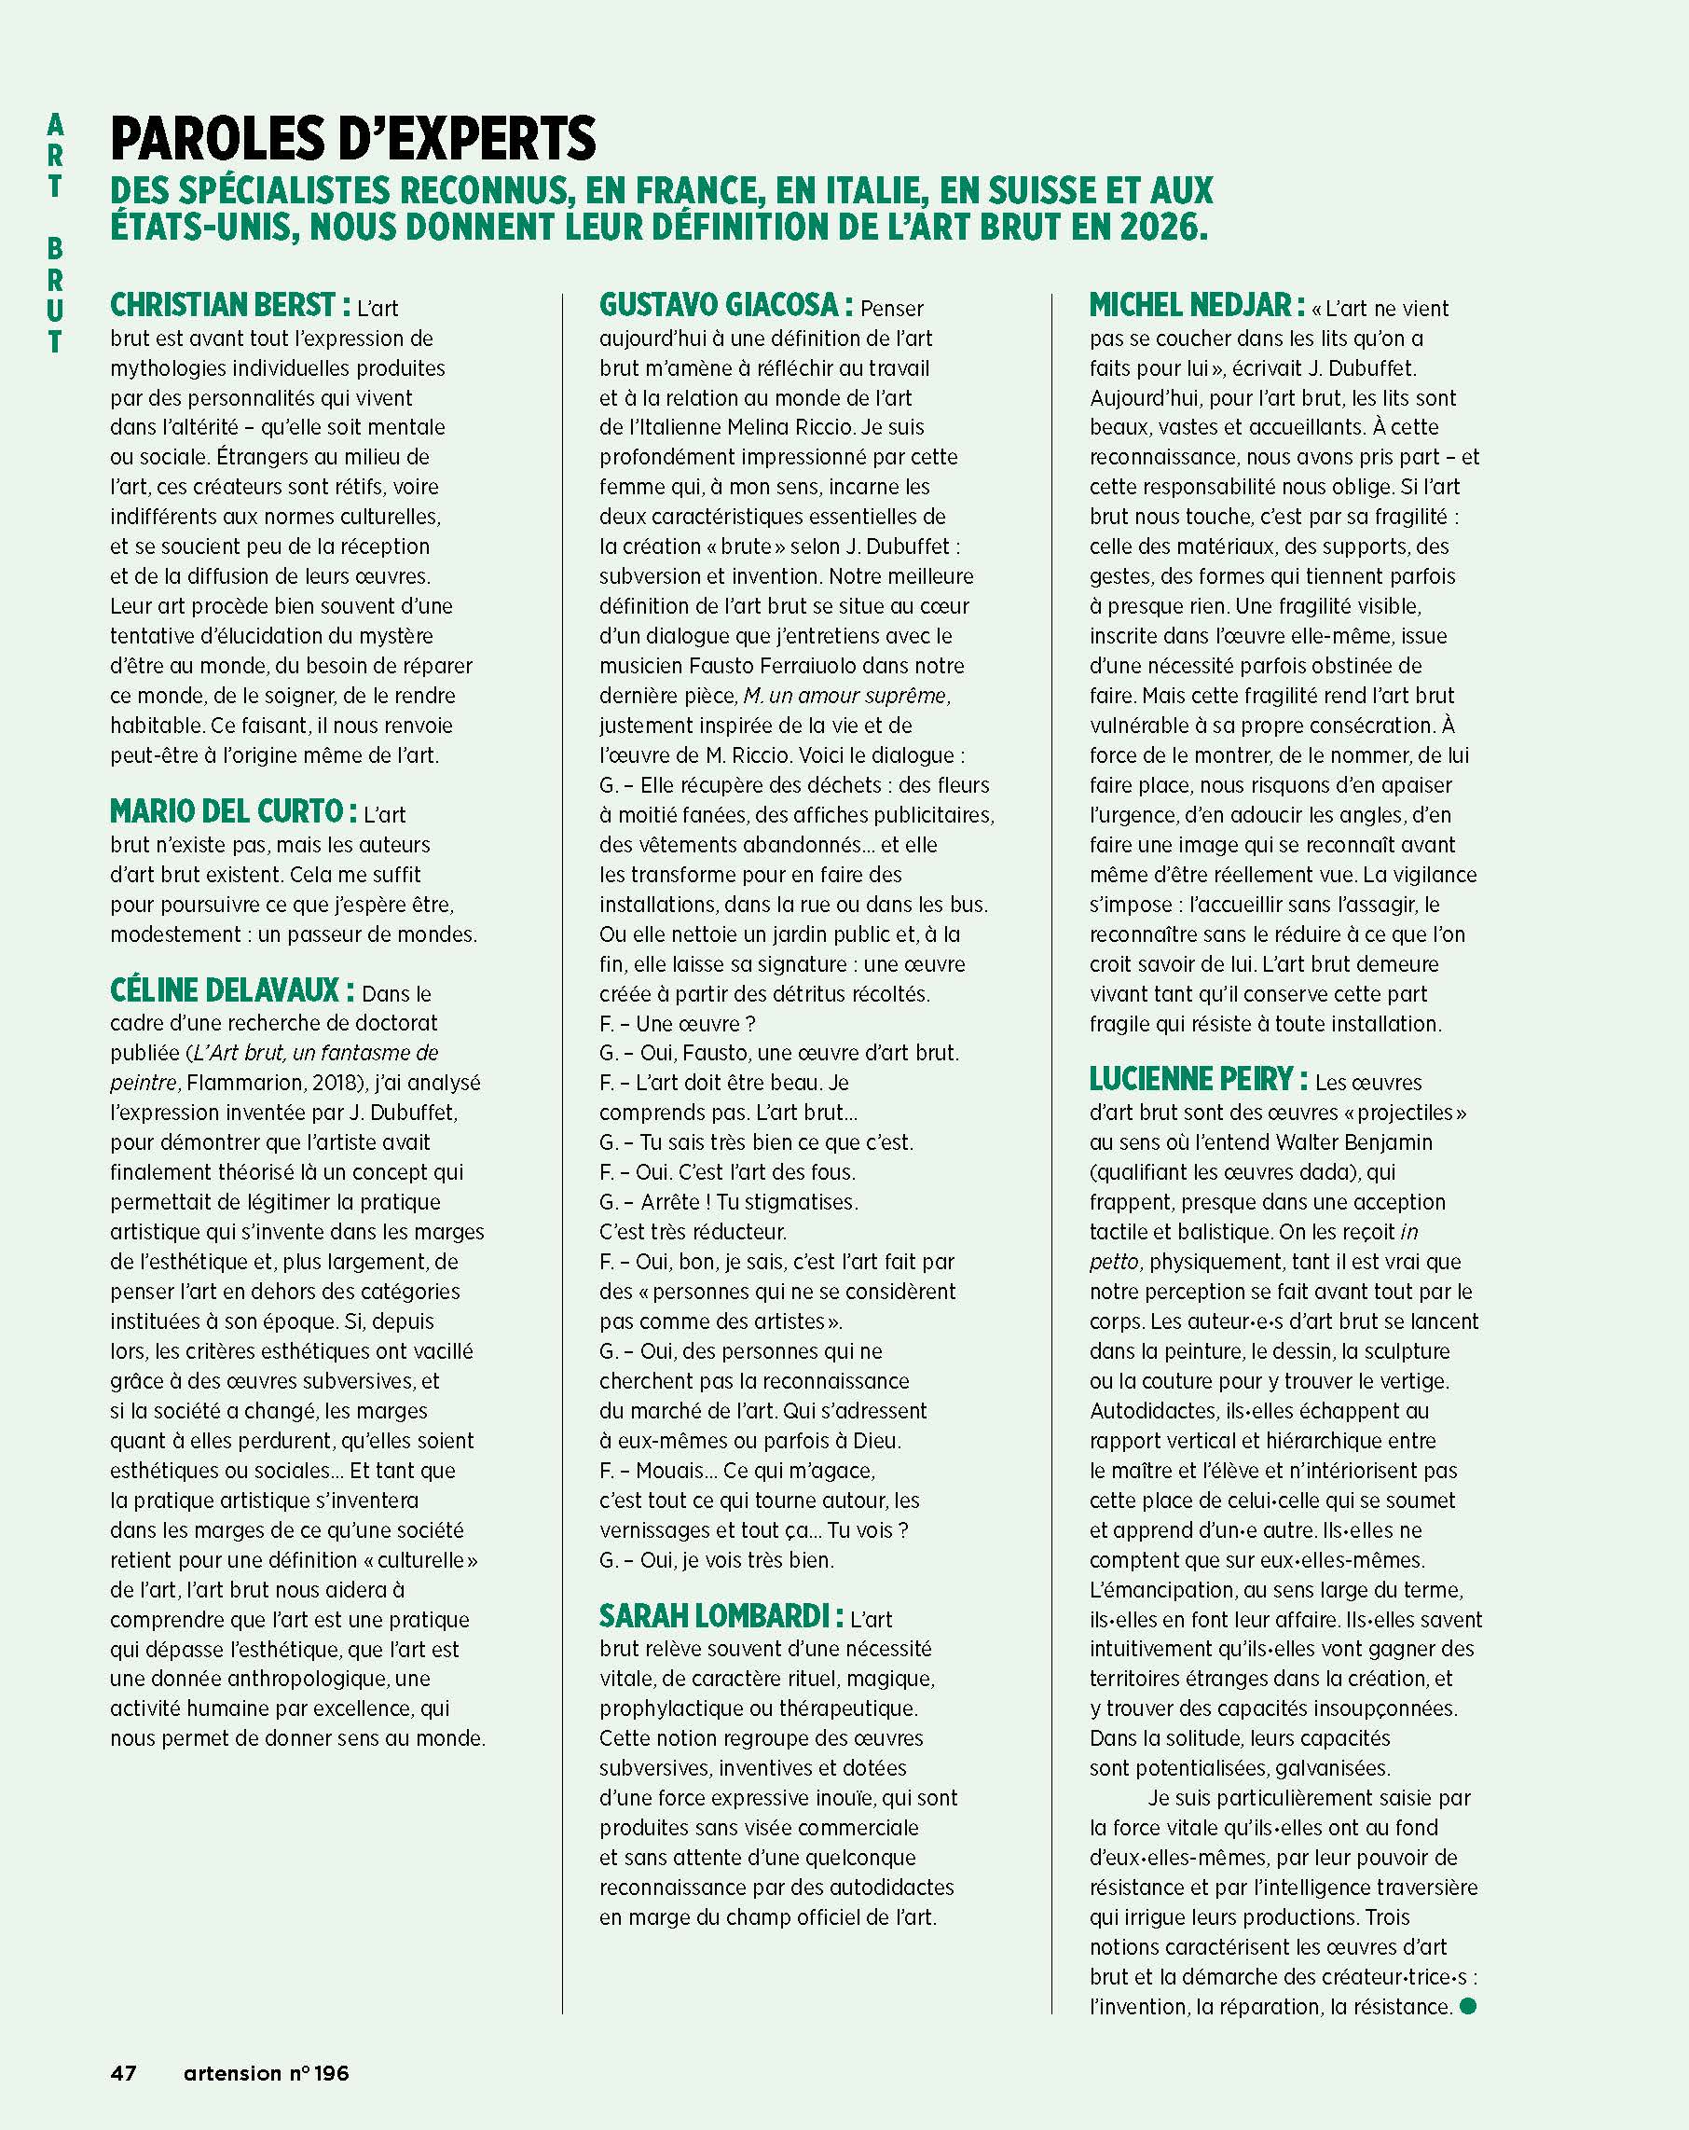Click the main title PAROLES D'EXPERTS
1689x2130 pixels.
[352, 139]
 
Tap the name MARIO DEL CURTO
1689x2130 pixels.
[227, 812]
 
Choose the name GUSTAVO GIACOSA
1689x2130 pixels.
[719, 305]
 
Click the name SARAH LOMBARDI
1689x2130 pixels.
[713, 1616]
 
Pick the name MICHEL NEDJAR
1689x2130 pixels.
[1190, 305]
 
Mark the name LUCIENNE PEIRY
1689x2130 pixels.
[1191, 1079]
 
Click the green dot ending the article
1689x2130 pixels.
[1467, 2006]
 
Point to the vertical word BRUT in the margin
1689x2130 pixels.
[55, 295]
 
